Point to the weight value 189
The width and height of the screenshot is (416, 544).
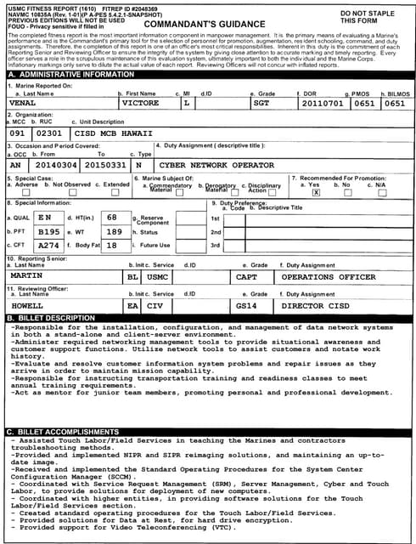(115, 231)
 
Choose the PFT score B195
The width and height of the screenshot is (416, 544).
(48, 231)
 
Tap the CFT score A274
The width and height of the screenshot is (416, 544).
(48, 245)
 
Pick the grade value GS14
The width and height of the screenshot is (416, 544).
(246, 303)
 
